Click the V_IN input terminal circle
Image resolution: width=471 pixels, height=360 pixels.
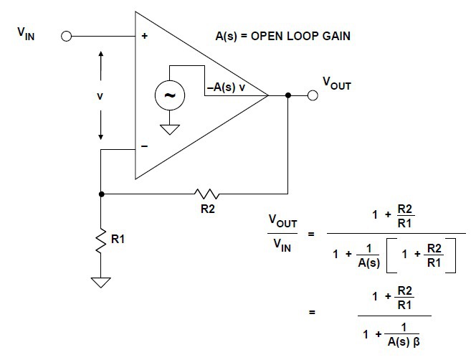point(67,35)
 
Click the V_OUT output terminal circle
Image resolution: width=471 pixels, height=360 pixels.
point(313,95)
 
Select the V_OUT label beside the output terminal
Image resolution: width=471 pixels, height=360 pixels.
point(337,83)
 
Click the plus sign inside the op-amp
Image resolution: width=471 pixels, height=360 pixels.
point(146,36)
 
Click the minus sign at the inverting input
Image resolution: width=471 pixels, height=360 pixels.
point(146,146)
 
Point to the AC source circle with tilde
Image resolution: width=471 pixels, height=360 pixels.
point(171,95)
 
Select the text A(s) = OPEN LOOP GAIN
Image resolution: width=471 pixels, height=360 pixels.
point(283,35)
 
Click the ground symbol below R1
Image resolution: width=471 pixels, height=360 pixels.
point(101,281)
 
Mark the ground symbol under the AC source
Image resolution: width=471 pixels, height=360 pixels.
point(171,130)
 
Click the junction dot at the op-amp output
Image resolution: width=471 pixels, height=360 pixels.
point(287,95)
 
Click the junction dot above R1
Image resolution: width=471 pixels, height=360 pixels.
point(101,194)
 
